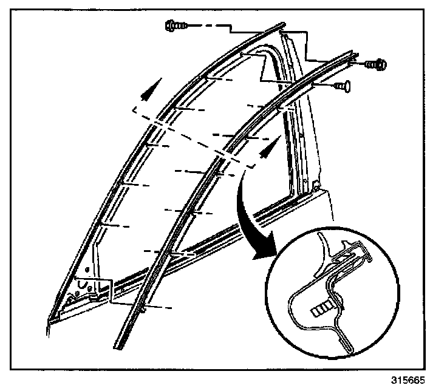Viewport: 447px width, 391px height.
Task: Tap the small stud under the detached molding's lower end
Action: (x=142, y=310)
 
